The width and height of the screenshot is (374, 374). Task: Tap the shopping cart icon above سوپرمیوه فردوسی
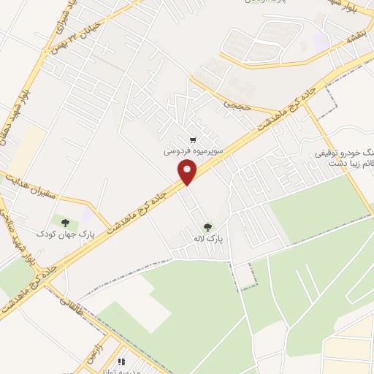click(193, 140)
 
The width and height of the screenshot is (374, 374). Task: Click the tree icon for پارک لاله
click(207, 227)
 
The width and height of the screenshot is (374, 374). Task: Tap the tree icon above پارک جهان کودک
click(67, 222)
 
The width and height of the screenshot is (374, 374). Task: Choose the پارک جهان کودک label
click(66, 234)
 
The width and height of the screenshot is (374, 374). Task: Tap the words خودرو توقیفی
click(339, 154)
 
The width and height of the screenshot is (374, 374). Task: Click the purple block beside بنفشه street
click(320, 40)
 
